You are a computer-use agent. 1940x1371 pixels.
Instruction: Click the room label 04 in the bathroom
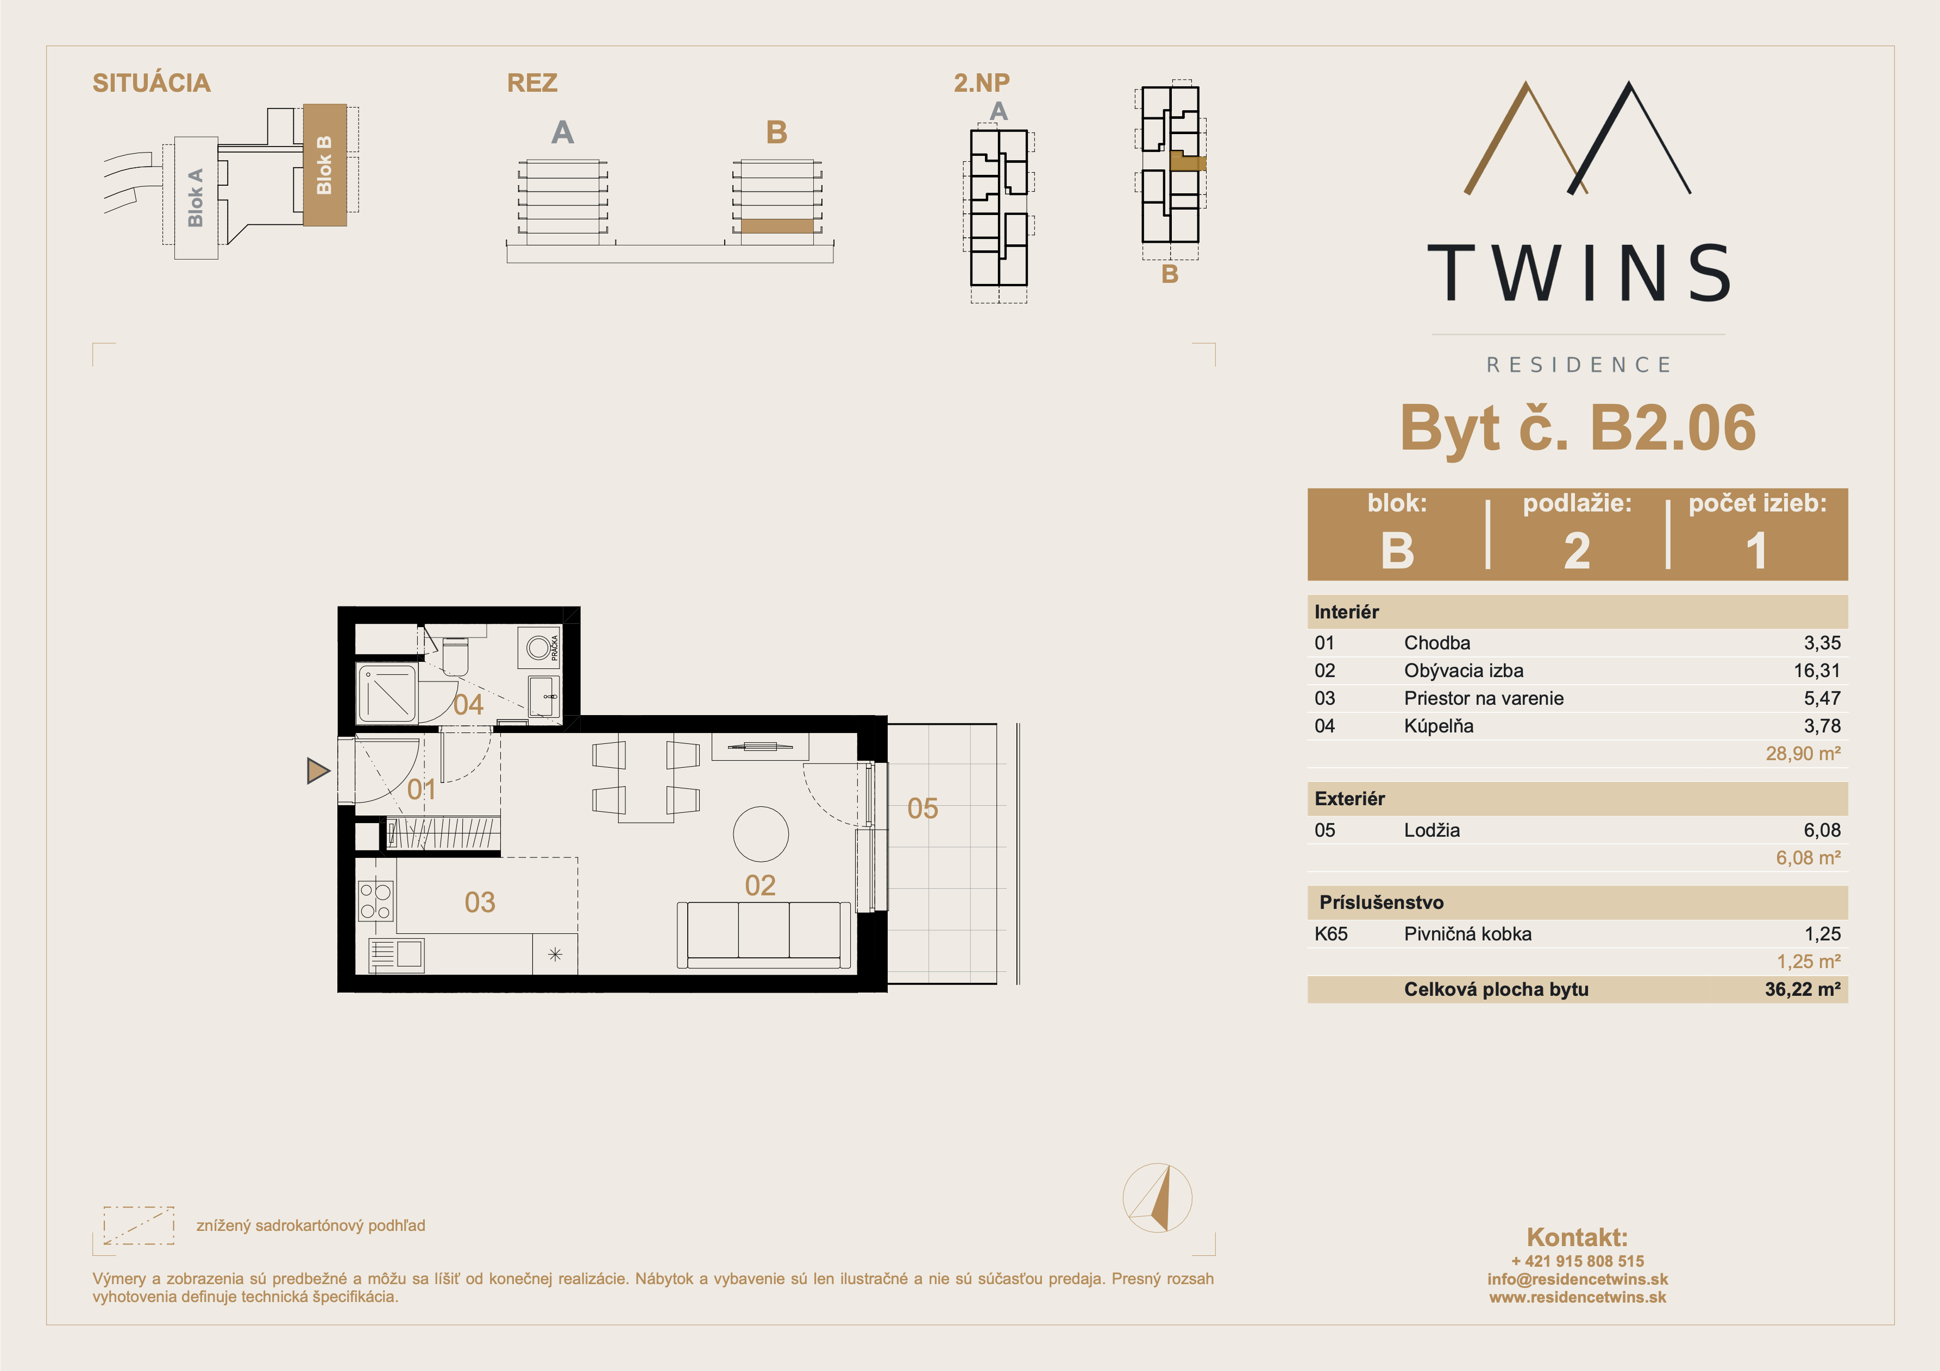click(468, 705)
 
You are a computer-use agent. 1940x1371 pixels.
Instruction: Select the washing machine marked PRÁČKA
click(538, 648)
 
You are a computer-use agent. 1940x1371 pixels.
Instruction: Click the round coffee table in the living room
click(761, 834)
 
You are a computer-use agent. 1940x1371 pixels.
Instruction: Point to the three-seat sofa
click(764, 935)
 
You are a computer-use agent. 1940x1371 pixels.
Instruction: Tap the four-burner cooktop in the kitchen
click(375, 900)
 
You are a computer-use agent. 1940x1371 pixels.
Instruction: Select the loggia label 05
click(922, 808)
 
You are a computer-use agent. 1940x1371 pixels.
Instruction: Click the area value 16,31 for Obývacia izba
click(1817, 671)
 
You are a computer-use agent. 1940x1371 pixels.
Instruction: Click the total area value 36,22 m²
click(1802, 989)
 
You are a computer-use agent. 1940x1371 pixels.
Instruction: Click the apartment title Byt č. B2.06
click(1578, 427)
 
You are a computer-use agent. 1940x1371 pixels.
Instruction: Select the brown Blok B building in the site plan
click(324, 165)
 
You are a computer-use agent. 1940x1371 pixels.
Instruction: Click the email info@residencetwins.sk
click(1578, 1279)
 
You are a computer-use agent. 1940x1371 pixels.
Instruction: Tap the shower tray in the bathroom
click(388, 693)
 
